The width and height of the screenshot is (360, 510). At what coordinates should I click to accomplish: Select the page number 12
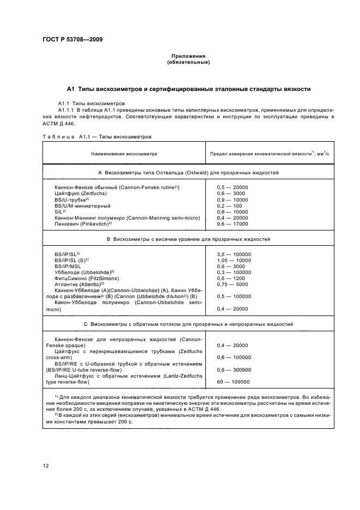coord(46,465)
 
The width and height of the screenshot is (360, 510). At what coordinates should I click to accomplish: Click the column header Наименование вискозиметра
coord(124,154)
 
